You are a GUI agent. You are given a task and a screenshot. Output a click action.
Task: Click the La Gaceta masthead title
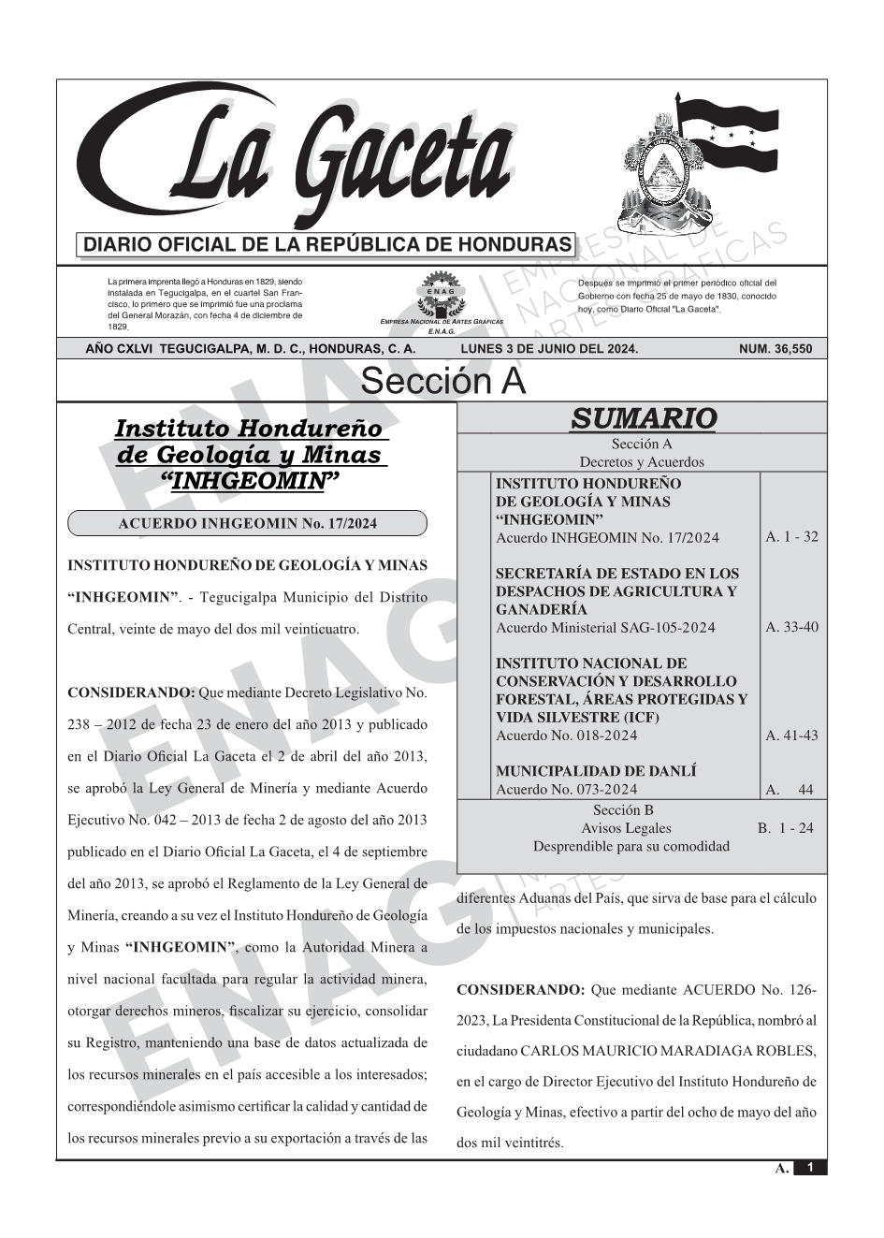pyautogui.click(x=309, y=154)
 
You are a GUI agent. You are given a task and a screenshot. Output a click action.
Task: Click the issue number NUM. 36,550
pyautogui.click(x=775, y=349)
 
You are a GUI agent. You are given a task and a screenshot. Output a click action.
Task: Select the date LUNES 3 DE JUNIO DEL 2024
pyautogui.click(x=549, y=349)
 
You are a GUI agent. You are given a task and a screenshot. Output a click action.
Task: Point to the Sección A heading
pyautogui.click(x=442, y=382)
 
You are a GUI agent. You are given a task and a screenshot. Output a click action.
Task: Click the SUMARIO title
pyautogui.click(x=643, y=418)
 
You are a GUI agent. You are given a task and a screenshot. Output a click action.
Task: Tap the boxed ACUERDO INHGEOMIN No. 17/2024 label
pyautogui.click(x=247, y=523)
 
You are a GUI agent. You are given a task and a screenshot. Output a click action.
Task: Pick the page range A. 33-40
pyautogui.click(x=791, y=627)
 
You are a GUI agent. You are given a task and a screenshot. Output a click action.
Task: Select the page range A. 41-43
pyautogui.click(x=791, y=736)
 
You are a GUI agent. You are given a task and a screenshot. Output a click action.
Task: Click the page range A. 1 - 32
pyautogui.click(x=791, y=537)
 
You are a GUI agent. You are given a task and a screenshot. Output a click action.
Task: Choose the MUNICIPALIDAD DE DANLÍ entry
pyautogui.click(x=596, y=771)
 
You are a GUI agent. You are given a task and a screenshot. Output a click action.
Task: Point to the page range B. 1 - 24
pyautogui.click(x=786, y=828)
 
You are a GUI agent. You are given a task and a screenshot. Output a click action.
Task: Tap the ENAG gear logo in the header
pyautogui.click(x=441, y=298)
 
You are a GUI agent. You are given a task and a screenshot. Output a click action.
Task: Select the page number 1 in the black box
pyautogui.click(x=810, y=1168)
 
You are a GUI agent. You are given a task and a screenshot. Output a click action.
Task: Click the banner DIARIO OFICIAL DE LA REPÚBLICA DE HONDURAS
pyautogui.click(x=326, y=245)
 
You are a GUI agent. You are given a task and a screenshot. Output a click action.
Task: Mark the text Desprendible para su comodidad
pyautogui.click(x=630, y=846)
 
